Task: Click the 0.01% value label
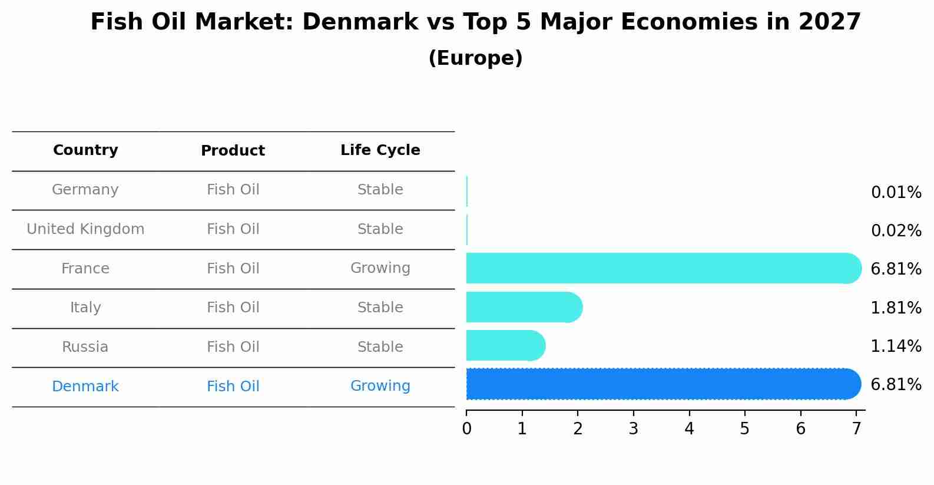click(896, 193)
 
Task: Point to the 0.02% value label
click(896, 231)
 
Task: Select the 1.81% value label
click(896, 308)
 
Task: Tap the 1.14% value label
click(896, 346)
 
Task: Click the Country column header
click(85, 150)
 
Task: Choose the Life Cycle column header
click(380, 150)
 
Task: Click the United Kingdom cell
click(85, 229)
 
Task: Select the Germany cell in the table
click(85, 190)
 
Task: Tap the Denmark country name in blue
click(85, 387)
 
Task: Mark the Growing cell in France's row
click(380, 268)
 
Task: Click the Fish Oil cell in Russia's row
click(233, 347)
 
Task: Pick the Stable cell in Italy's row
click(380, 308)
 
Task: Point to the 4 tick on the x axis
click(689, 429)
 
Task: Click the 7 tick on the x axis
click(856, 429)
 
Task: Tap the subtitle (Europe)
click(475, 58)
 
